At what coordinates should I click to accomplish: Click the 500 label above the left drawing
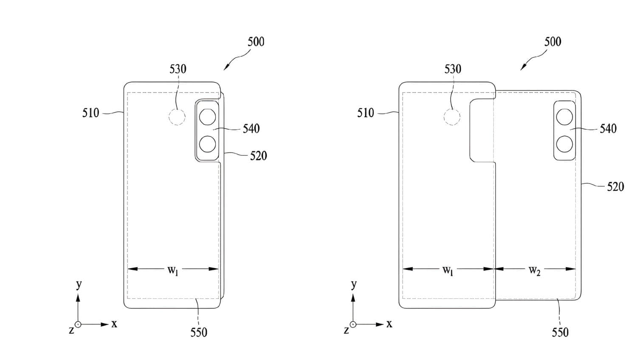[256, 42]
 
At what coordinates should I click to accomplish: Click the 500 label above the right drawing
[553, 42]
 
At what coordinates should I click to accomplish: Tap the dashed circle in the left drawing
[177, 117]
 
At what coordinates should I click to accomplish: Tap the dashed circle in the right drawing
[452, 117]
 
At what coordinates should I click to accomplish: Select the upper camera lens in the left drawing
[207, 117]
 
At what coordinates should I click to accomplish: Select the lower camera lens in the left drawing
[207, 144]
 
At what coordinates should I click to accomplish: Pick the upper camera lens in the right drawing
[564, 117]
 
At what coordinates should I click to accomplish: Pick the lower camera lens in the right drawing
[564, 144]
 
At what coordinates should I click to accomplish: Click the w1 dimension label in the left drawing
[173, 270]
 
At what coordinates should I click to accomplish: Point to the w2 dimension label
[535, 270]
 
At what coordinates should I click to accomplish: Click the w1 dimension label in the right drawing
[448, 270]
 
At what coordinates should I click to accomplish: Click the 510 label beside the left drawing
[91, 113]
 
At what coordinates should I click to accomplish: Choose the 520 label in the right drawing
[616, 187]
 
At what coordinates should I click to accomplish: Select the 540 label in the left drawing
[251, 129]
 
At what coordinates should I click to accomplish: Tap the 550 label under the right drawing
[560, 332]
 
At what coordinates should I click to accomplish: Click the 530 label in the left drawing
[178, 69]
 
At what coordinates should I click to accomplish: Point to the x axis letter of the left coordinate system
[114, 324]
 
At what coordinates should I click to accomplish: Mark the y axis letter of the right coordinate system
[354, 284]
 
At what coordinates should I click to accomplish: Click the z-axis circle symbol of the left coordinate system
[78, 324]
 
